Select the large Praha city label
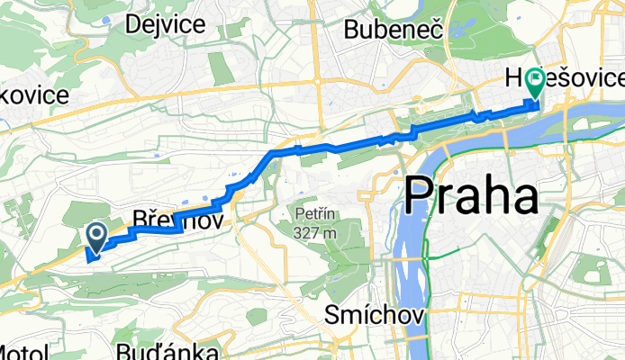point(471,194)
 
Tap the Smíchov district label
point(370,316)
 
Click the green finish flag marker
point(536,82)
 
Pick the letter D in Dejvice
point(135,24)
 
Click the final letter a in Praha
point(523,197)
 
